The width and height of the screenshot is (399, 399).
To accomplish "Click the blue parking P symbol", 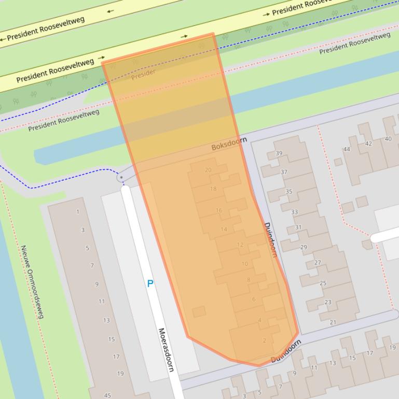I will pyautogui.click(x=150, y=283).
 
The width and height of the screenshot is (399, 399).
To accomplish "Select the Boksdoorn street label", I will pyautogui.click(x=229, y=145).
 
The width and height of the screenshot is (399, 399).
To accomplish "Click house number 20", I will pyautogui.click(x=208, y=170).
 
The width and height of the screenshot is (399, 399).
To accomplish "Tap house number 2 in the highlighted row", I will pyautogui.click(x=265, y=340).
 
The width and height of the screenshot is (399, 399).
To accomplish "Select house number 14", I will pyautogui.click(x=224, y=229).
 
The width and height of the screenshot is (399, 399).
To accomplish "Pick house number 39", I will pyautogui.click(x=279, y=153).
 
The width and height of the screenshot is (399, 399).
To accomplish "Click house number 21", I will pyautogui.click(x=333, y=322).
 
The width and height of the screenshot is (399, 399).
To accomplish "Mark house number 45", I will pyautogui.click(x=107, y=395).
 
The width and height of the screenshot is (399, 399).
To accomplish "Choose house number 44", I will pyautogui.click(x=347, y=149).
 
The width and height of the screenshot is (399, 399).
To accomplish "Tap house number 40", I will pyautogui.click(x=388, y=138).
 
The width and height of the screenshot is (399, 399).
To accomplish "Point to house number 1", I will pyautogui.click(x=78, y=211).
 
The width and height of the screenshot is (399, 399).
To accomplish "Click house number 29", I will pyautogui.click(x=304, y=247).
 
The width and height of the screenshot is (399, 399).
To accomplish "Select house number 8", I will pyautogui.click(x=249, y=280).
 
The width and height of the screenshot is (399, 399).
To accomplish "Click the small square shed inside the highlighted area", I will pyautogui.click(x=199, y=311).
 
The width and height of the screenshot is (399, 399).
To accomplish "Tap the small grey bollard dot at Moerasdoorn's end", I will pyautogui.click(x=121, y=178).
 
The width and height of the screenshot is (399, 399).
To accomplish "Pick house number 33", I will pyautogui.click(x=295, y=212).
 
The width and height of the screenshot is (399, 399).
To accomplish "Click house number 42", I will pyautogui.click(x=368, y=144).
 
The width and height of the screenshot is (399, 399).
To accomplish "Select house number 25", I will pyautogui.click(x=323, y=283).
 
